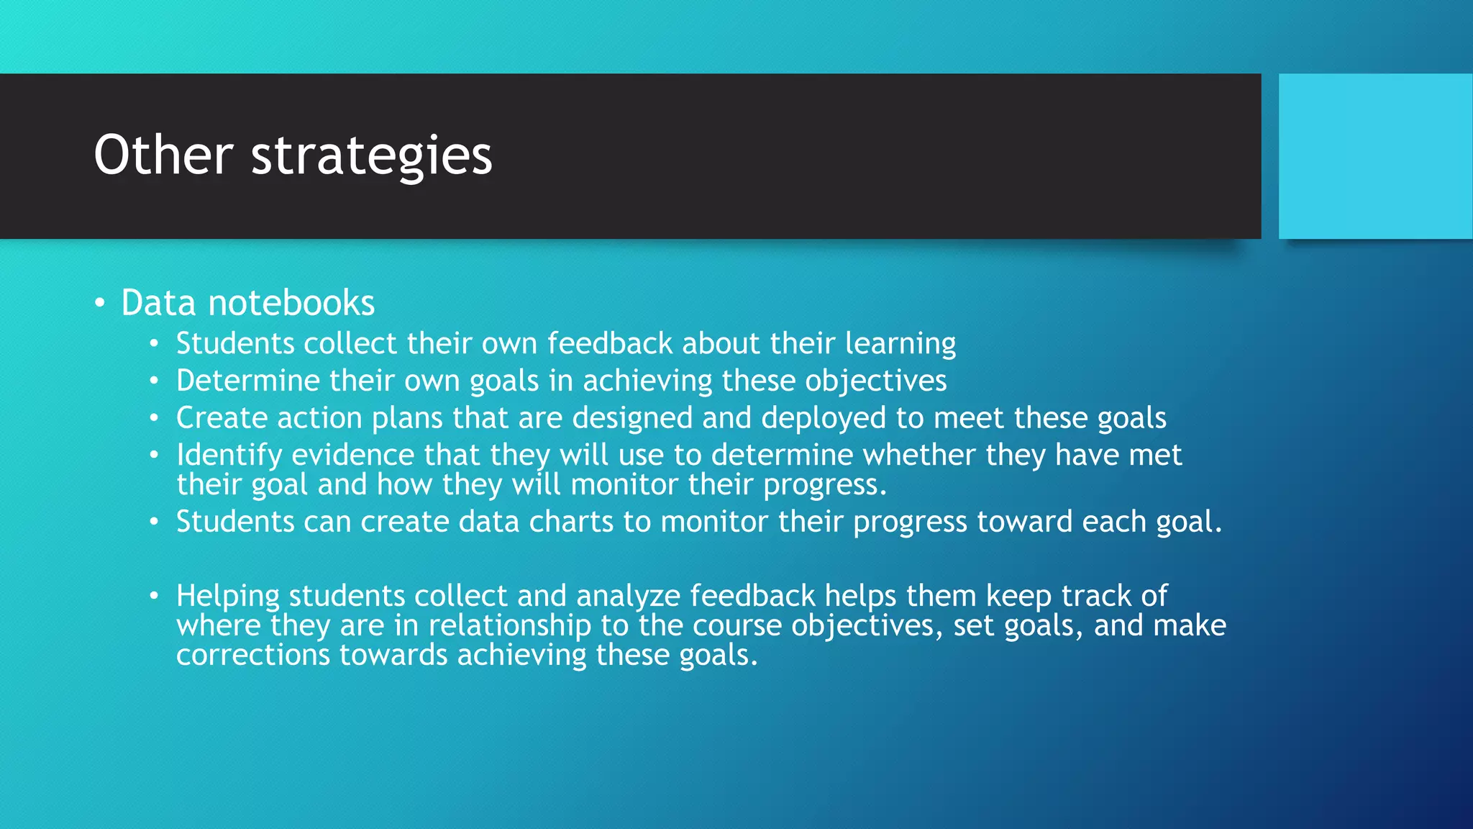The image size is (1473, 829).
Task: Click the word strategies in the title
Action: pyautogui.click(x=371, y=156)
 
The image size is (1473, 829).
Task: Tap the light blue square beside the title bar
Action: pyautogui.click(x=1375, y=156)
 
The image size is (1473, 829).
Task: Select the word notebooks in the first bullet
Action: pyautogui.click(x=291, y=303)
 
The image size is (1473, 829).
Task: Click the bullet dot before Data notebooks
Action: pyautogui.click(x=101, y=303)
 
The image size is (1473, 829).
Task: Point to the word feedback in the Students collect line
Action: pyautogui.click(x=609, y=343)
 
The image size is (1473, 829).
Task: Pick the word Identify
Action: pyautogui.click(x=229, y=456)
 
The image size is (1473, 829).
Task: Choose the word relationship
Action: pyautogui.click(x=509, y=625)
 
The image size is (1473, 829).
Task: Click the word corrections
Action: pyautogui.click(x=252, y=655)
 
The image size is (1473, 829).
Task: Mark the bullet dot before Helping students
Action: pyautogui.click(x=153, y=596)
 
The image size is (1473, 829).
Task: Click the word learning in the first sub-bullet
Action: pyautogui.click(x=900, y=344)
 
